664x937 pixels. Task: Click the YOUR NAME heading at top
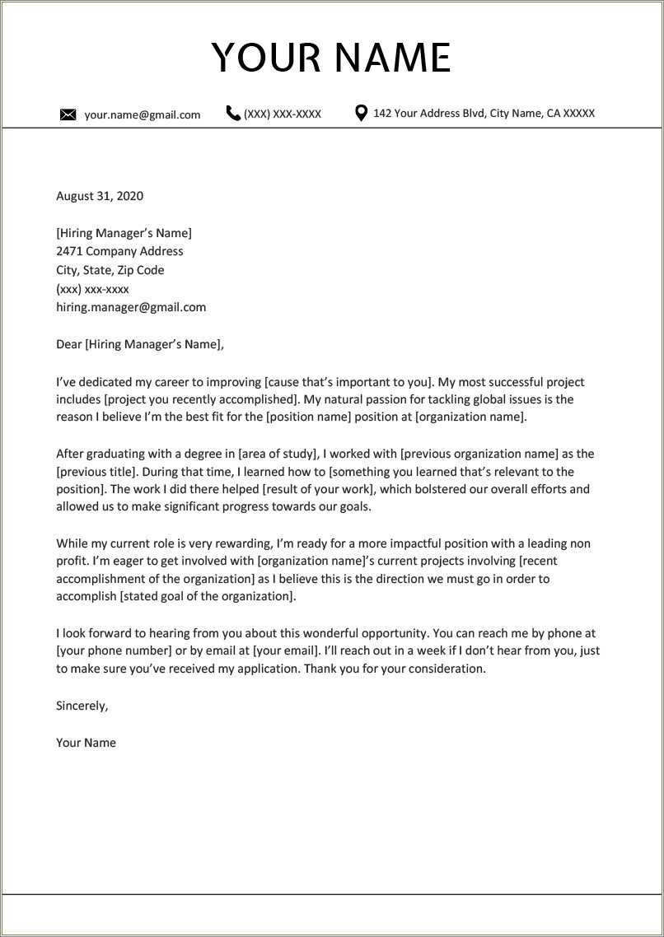[331, 58]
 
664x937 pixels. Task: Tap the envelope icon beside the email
[68, 114]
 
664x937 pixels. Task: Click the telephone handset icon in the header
[233, 114]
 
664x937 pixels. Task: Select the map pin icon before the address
[361, 113]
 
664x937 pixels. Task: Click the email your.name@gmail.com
[142, 114]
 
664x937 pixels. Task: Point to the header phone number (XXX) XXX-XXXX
[283, 114]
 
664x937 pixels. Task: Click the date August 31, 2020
[100, 196]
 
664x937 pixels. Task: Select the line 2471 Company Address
[119, 251]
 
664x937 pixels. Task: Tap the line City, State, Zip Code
[110, 270]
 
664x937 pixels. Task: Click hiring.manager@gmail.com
[131, 307]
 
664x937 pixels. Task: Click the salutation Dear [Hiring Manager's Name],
[140, 344]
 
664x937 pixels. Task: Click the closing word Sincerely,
[82, 706]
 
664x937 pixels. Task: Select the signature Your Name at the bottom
[86, 743]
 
